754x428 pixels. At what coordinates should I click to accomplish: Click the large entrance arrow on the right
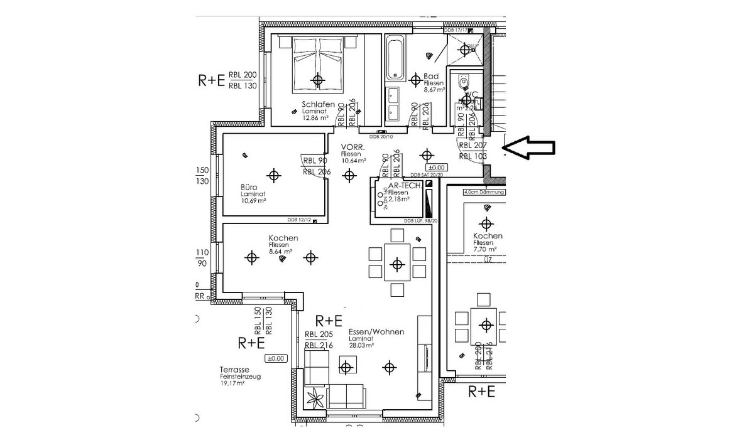point(531,148)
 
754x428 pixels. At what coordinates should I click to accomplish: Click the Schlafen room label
point(317,105)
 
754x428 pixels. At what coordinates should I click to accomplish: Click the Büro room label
point(249,187)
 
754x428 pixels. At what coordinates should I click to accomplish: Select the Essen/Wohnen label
point(376,331)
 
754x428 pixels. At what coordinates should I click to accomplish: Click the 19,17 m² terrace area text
point(232,383)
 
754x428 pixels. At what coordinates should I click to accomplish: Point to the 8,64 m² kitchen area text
point(280,251)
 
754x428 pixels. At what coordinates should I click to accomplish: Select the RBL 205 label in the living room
point(319,335)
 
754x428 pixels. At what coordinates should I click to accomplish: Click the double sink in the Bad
point(395,104)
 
